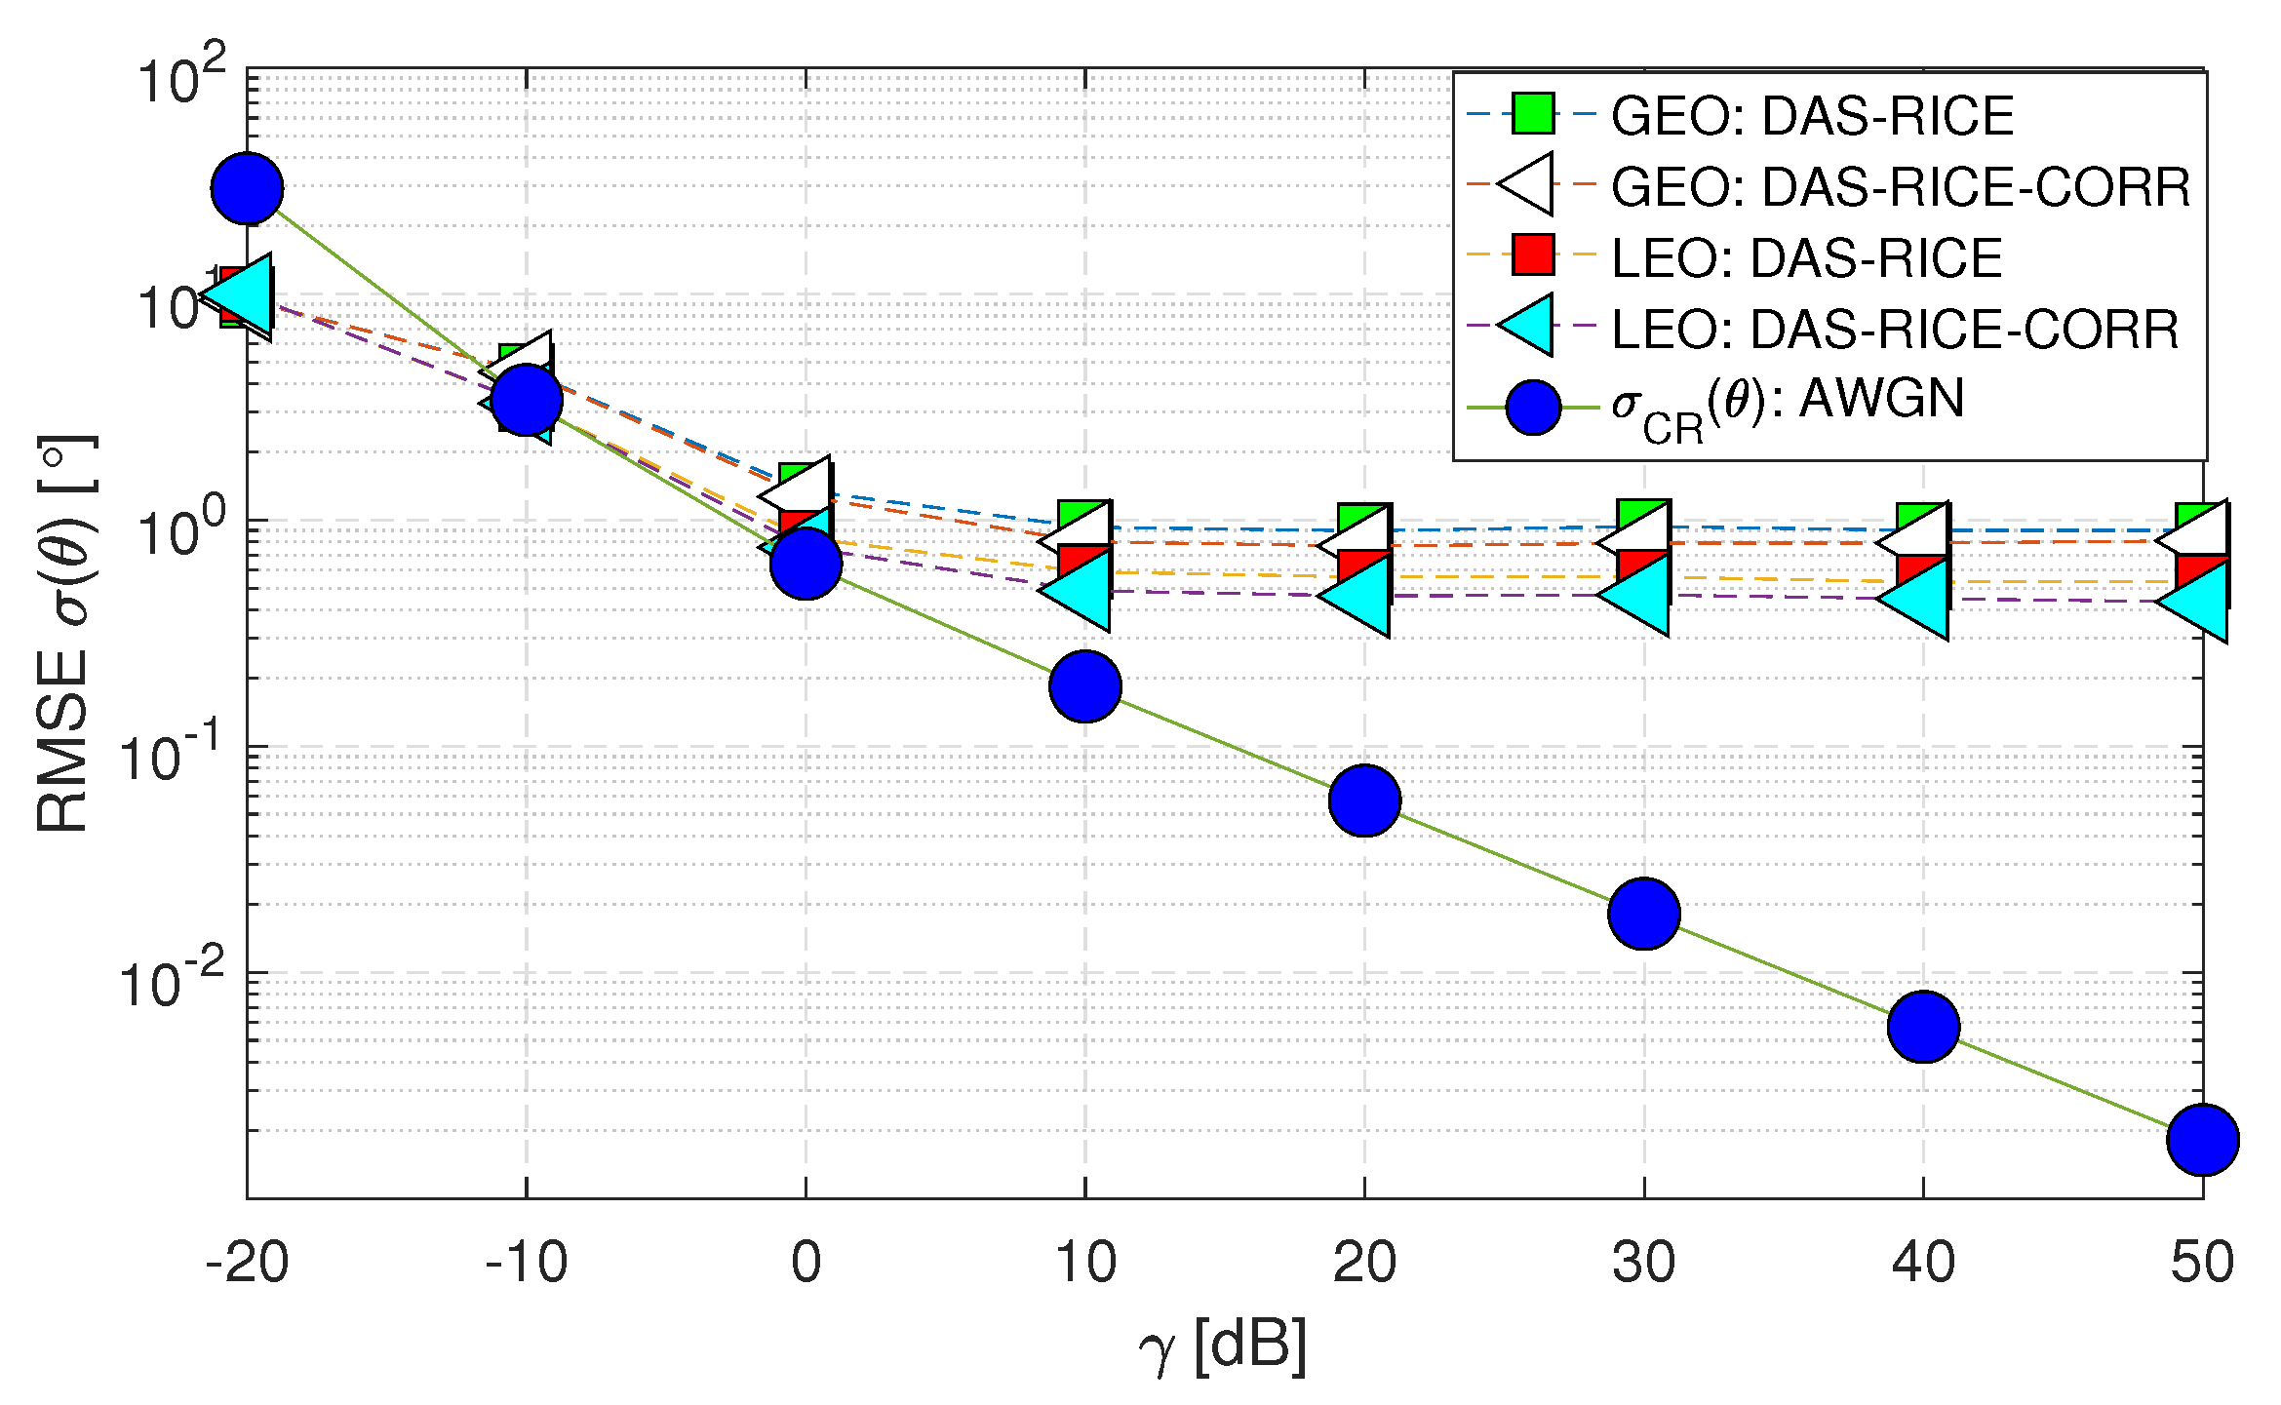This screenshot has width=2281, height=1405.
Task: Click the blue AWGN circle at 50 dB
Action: click(2202, 1139)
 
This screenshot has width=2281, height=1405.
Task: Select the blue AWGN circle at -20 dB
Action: click(247, 188)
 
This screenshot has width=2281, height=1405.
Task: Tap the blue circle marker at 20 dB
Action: click(1364, 800)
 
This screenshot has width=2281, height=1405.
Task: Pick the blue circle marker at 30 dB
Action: click(1644, 913)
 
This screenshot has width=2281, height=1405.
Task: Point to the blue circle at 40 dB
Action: click(1923, 1027)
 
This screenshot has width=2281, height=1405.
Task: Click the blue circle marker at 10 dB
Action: click(1085, 685)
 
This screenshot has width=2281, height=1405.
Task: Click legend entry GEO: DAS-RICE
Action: click(1812, 115)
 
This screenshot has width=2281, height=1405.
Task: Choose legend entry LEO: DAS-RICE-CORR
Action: click(1894, 329)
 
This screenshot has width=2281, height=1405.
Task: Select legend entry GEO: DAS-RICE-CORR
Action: click(1900, 186)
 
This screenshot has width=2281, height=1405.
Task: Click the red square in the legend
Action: click(1533, 254)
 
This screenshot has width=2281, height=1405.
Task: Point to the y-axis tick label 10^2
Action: click(181, 76)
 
